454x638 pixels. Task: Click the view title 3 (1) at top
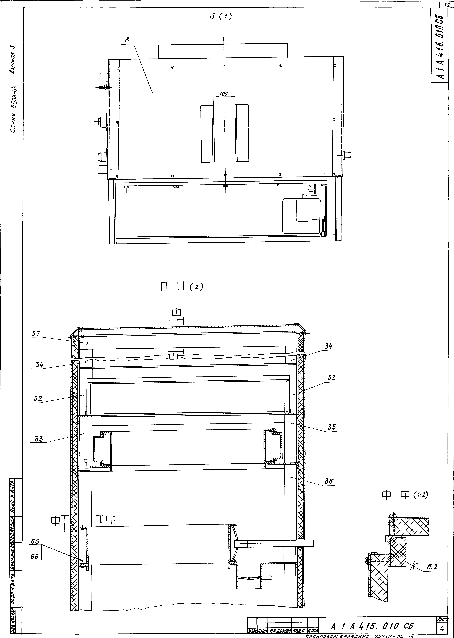(221, 17)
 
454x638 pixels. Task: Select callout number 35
(332, 427)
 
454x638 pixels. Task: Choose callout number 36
(329, 481)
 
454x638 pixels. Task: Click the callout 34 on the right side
(328, 346)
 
